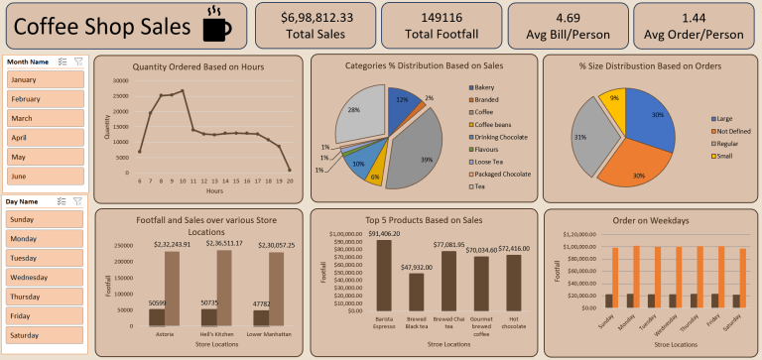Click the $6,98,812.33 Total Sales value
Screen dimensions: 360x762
[x=316, y=17]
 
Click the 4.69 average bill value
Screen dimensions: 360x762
[x=568, y=17]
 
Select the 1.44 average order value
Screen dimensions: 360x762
[x=694, y=17]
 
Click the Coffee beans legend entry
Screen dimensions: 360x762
[x=495, y=124]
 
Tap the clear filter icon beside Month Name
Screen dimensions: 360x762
[x=78, y=61]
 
